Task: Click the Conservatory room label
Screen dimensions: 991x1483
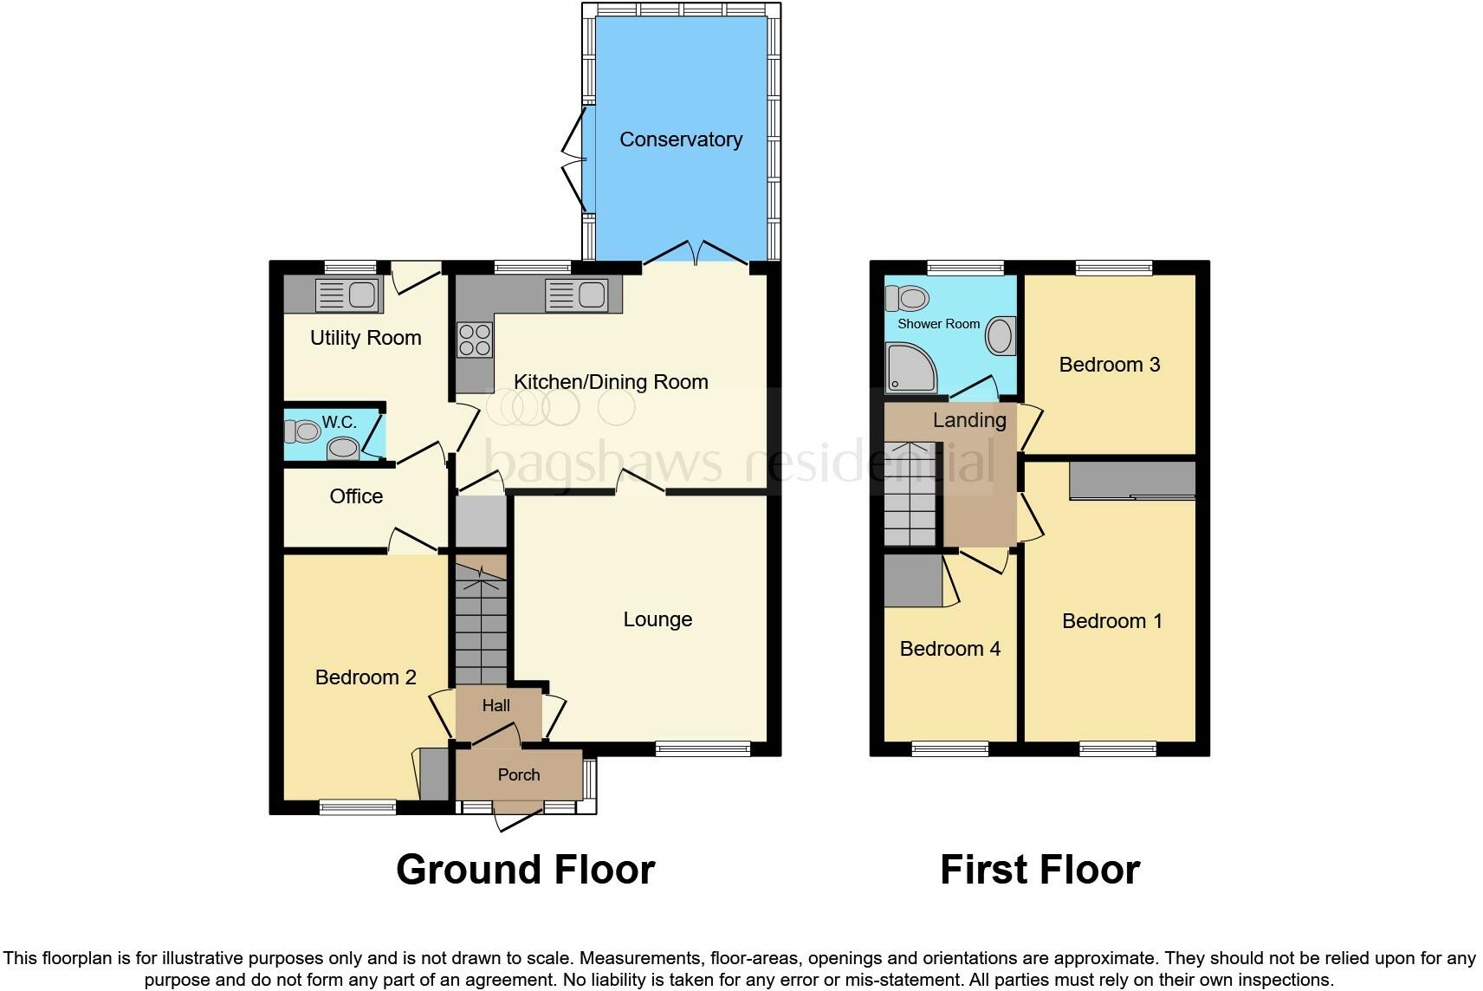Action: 681,139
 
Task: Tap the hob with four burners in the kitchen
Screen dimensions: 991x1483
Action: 474,340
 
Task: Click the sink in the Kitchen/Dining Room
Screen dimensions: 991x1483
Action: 579,295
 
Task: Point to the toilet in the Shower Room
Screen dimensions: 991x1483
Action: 906,299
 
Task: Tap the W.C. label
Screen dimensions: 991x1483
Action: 339,422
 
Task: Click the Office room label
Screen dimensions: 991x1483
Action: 356,496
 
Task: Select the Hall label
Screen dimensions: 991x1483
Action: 496,706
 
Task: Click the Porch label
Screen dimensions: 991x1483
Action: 519,775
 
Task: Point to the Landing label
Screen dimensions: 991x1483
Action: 968,420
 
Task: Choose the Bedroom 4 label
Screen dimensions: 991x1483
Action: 949,649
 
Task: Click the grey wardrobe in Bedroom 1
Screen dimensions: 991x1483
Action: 1132,481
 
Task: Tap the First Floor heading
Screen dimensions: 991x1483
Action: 1039,870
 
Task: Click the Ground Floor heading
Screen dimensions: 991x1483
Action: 525,870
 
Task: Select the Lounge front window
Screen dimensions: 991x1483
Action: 703,748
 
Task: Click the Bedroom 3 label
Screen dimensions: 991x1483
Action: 1109,365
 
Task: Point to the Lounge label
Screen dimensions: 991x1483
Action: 657,619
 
